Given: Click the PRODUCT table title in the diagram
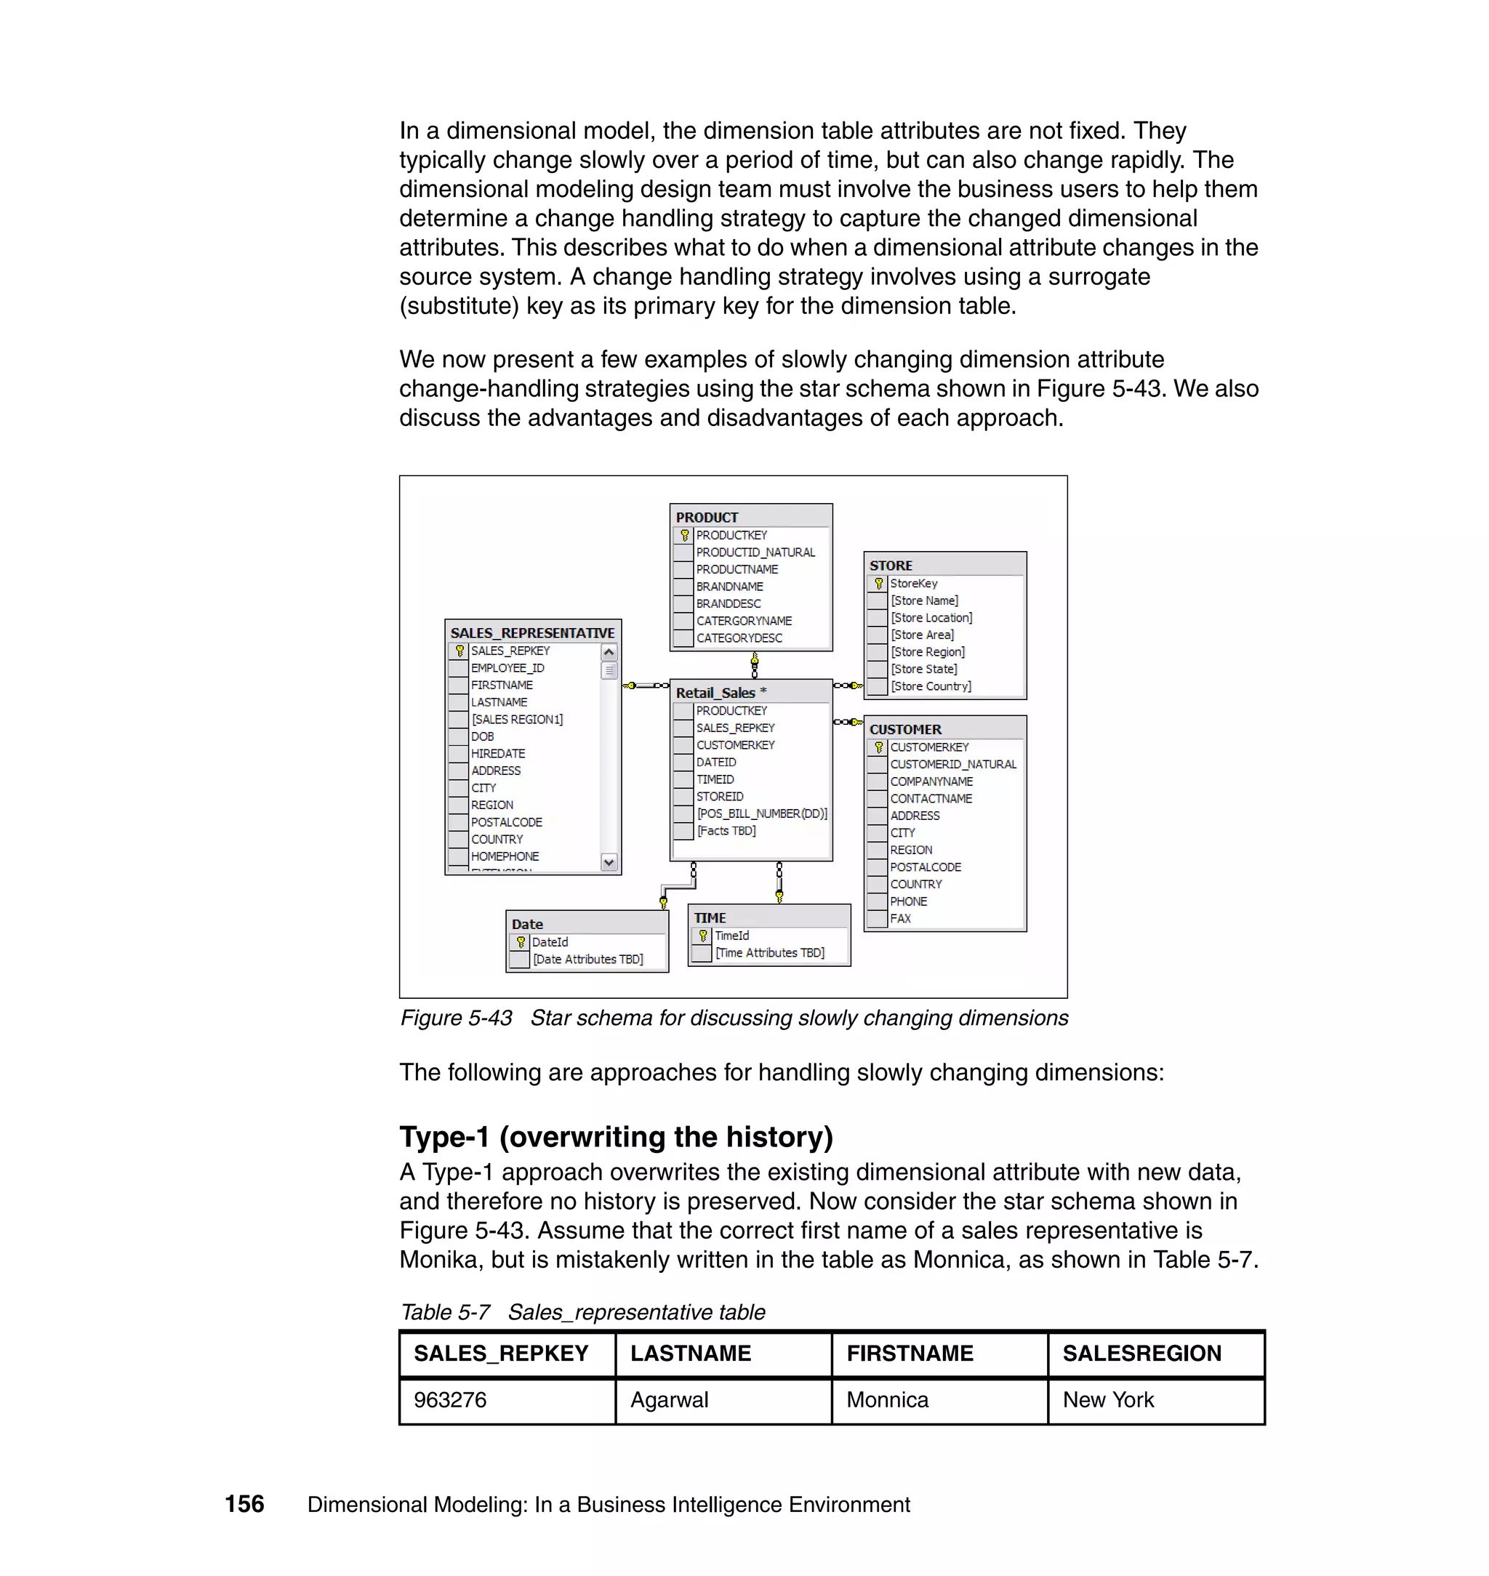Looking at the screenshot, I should coord(707,517).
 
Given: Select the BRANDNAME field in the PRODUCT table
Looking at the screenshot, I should coord(729,587).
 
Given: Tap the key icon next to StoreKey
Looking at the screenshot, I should coord(878,583).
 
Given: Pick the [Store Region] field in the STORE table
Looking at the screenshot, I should coord(927,651).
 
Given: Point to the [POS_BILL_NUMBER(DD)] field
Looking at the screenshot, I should coord(761,813).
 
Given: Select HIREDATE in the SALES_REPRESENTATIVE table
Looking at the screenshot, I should coord(497,753).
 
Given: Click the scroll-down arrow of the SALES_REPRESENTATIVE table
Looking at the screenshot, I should coord(609,862).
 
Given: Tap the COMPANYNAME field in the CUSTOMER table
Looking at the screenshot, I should coord(930,781).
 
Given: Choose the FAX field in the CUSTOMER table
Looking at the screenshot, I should coord(900,918).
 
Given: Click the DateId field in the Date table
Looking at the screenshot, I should coord(549,942).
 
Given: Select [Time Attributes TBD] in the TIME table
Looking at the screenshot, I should coord(769,952).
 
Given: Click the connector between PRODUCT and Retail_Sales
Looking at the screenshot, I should coord(754,665).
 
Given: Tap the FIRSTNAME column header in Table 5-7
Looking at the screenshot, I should coord(910,1353).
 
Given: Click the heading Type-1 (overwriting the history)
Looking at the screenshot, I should coord(616,1136).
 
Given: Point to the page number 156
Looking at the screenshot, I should coord(244,1504).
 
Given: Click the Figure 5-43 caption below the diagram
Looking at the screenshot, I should coord(734,1018).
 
